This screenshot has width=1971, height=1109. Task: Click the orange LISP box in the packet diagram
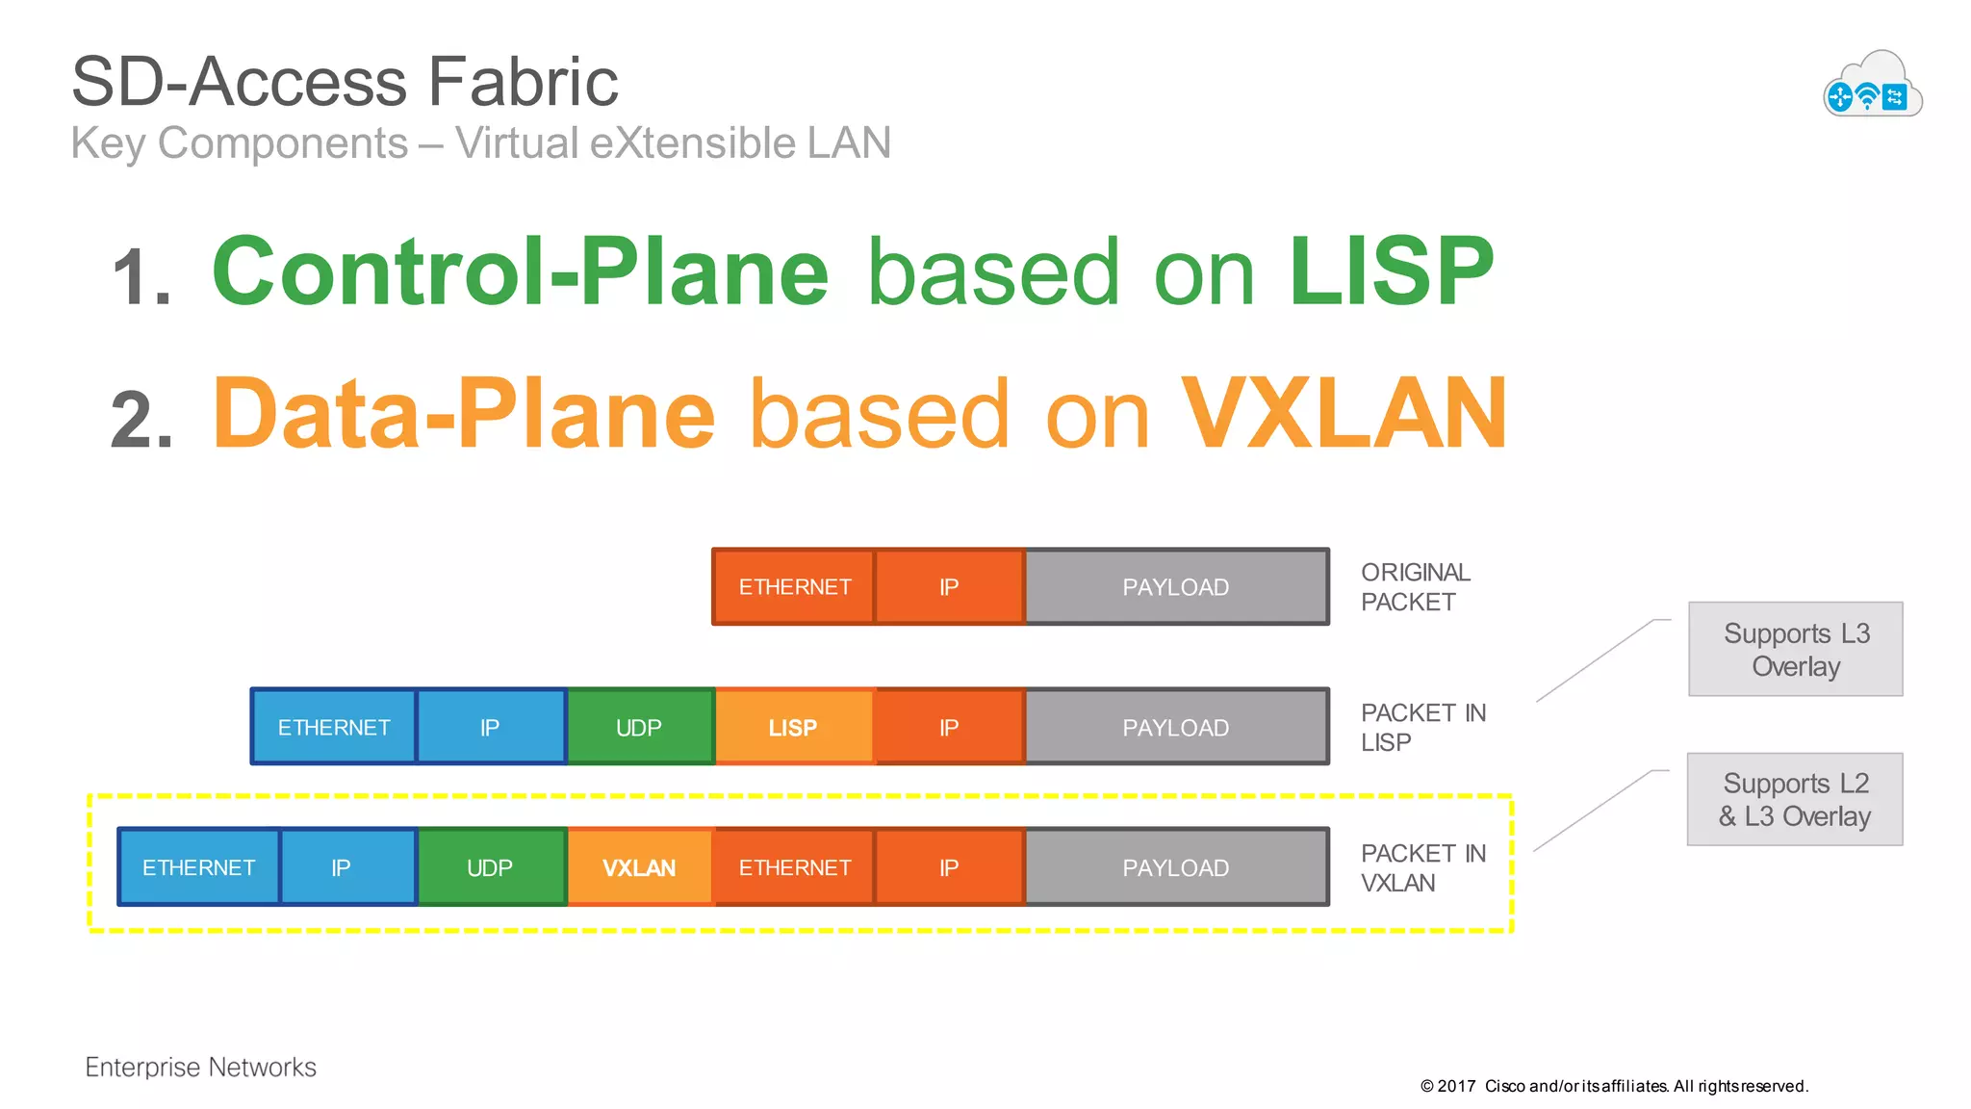(x=794, y=728)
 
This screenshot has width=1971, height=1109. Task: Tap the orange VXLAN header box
(x=639, y=867)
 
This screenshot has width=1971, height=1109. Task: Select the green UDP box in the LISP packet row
(x=639, y=728)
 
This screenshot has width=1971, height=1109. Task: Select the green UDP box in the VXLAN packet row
(x=490, y=867)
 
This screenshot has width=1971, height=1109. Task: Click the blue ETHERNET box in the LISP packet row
(x=334, y=728)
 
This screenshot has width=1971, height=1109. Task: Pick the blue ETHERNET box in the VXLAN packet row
(x=198, y=867)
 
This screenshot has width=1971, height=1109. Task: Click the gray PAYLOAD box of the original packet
(x=1175, y=587)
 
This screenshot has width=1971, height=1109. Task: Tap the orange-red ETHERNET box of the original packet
(x=794, y=587)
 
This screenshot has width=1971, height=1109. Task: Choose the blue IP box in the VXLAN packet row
(x=341, y=867)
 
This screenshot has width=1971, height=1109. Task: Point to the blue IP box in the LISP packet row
(x=490, y=728)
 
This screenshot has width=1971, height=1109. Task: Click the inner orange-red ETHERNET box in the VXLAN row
(x=794, y=867)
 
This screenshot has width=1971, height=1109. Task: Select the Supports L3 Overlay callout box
(x=1795, y=649)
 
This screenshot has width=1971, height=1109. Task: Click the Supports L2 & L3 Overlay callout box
(x=1795, y=799)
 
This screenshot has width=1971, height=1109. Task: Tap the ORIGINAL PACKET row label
(x=1415, y=587)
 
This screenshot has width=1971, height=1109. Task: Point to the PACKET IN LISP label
(x=1422, y=728)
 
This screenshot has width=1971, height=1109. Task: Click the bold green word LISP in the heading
(x=1391, y=272)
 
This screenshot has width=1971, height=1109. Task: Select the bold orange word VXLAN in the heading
(x=1344, y=414)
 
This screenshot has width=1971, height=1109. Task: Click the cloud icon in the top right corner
(x=1872, y=85)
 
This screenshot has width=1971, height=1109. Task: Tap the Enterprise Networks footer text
(x=200, y=1067)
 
